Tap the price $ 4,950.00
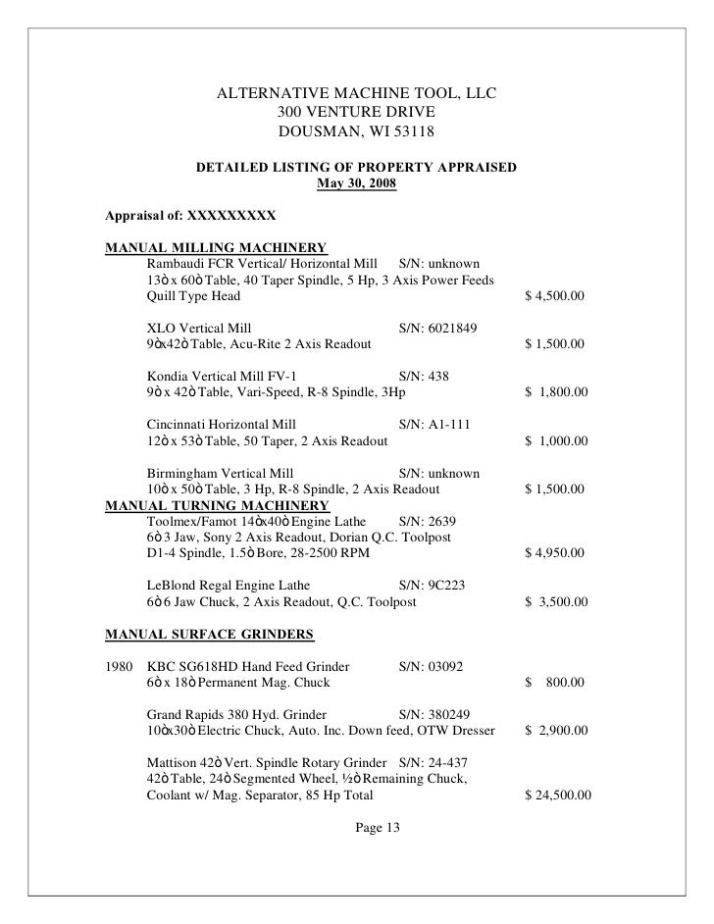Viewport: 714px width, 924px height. coord(556,553)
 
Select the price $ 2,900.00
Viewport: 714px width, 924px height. coord(556,730)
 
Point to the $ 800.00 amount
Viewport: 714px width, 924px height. coord(556,682)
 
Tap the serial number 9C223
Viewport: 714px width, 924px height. coord(443,586)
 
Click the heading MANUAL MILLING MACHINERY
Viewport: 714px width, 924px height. coord(216,248)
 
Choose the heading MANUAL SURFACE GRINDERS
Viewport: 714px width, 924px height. coord(210,633)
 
